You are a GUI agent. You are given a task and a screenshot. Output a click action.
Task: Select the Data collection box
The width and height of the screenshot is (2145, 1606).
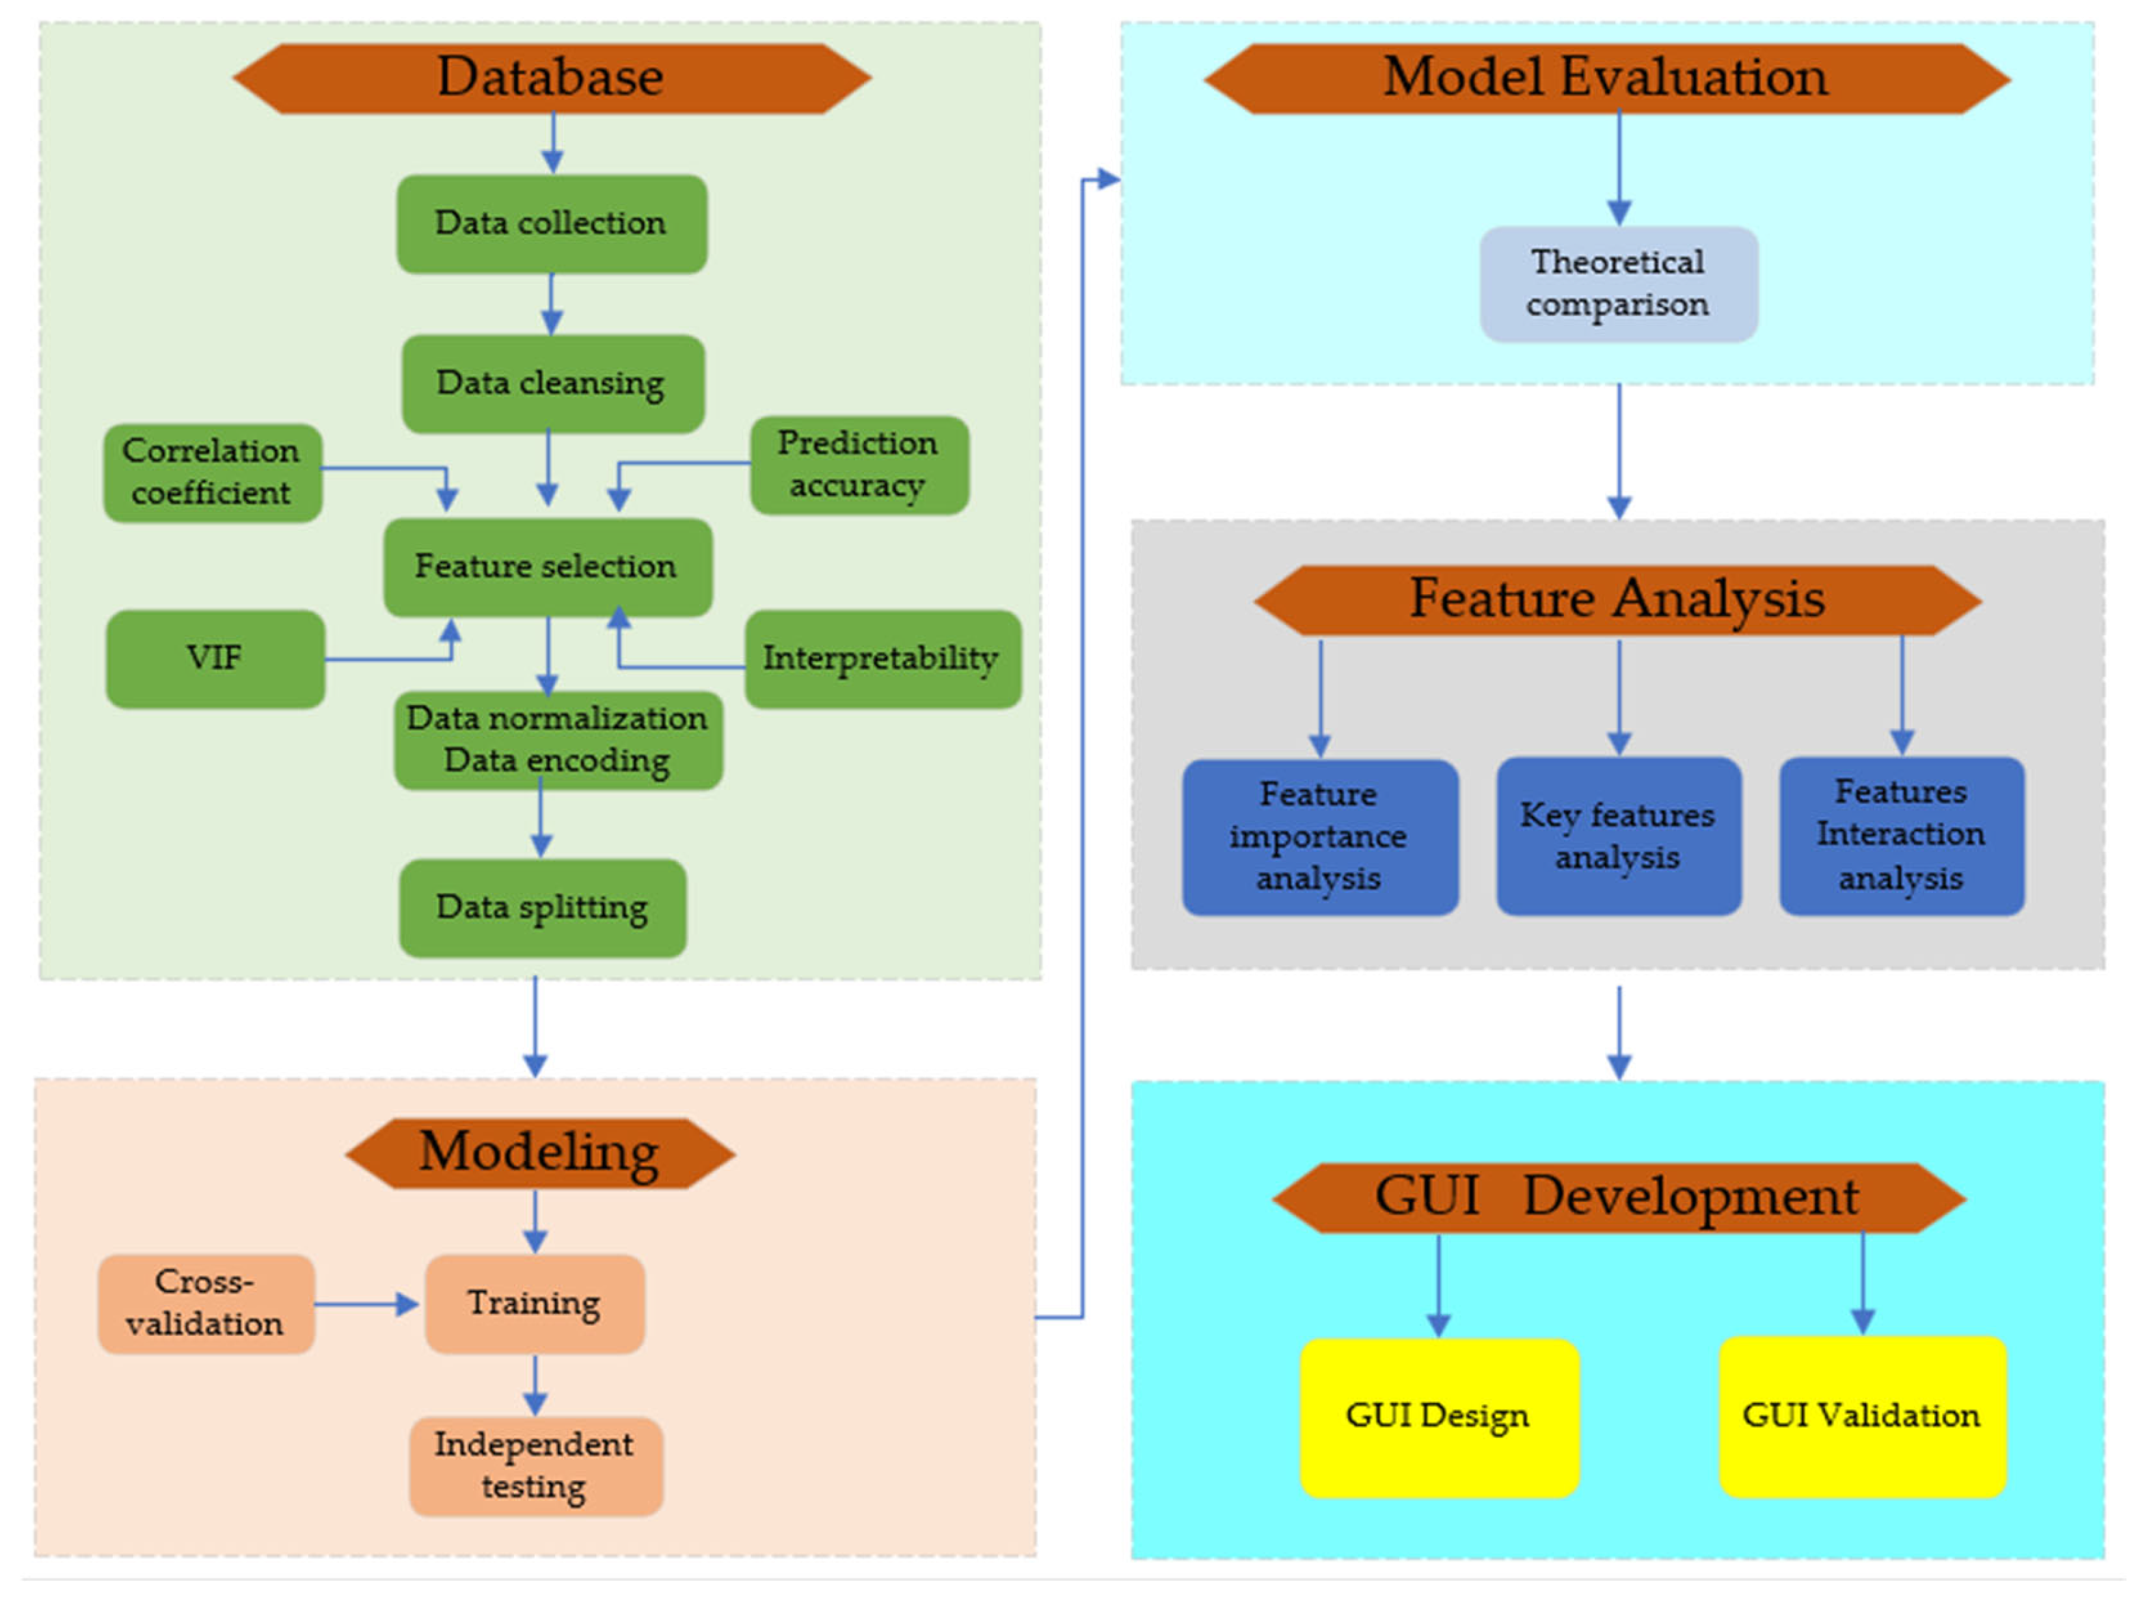(551, 223)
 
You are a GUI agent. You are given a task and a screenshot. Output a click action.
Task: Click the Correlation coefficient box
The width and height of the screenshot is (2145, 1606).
(213, 472)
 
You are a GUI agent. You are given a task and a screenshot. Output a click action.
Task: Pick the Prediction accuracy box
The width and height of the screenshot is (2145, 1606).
(858, 464)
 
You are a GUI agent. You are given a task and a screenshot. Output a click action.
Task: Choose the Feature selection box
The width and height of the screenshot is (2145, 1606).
(547, 566)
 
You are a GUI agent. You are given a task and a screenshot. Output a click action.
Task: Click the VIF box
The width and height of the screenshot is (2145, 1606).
(215, 658)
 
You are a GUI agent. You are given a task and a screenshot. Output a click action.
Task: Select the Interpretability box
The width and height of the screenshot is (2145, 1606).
(882, 658)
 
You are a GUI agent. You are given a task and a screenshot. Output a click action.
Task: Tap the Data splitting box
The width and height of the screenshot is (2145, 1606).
(542, 908)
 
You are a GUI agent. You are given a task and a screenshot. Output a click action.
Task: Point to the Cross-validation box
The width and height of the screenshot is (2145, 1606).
(206, 1302)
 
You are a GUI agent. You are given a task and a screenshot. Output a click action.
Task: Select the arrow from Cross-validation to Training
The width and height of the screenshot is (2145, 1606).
(366, 1303)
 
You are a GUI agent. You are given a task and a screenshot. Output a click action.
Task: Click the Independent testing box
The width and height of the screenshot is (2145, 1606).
(535, 1464)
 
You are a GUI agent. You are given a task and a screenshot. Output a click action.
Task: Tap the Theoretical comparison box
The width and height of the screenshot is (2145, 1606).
(1617, 283)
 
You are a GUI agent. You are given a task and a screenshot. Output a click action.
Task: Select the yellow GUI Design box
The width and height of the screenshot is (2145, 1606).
(1438, 1416)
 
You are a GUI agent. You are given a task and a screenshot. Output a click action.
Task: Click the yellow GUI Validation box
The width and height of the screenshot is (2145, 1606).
(1861, 1416)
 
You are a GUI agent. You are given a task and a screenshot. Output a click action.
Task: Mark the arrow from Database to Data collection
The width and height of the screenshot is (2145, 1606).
(553, 144)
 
